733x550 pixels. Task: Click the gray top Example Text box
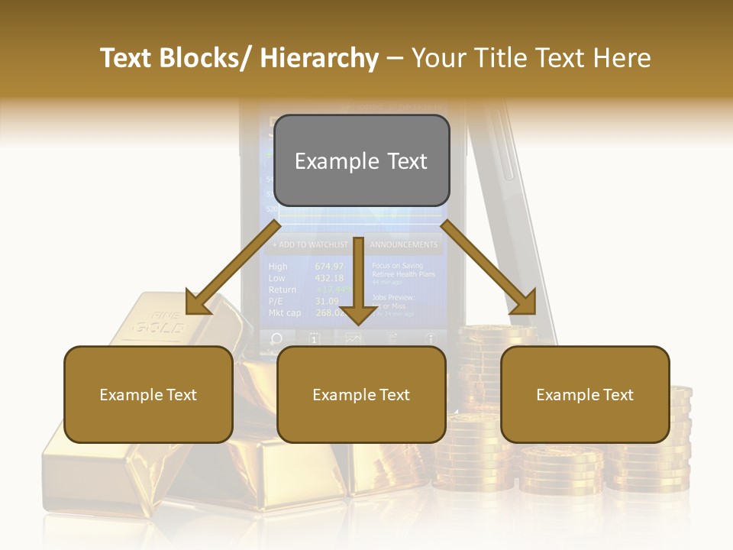[361, 161]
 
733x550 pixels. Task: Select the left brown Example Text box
[148, 394]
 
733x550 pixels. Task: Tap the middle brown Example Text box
[361, 394]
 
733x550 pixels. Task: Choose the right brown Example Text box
[585, 394]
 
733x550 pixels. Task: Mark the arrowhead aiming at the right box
[525, 303]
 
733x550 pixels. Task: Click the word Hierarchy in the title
[318, 58]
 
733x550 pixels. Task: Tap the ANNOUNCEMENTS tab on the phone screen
[404, 244]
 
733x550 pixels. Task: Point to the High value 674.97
[329, 267]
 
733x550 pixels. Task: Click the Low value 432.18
[329, 278]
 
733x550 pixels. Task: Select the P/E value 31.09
[327, 301]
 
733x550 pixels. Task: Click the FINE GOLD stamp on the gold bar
[160, 324]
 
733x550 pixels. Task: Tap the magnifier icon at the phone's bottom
[276, 338]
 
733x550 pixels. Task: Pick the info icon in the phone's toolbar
[431, 338]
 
